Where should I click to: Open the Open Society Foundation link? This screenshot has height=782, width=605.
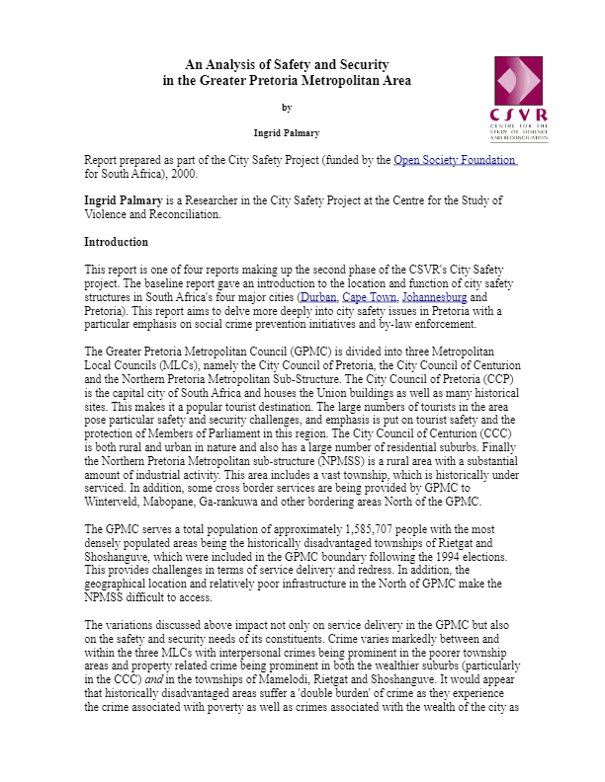coord(455,160)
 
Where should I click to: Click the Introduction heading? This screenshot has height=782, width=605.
coord(116,242)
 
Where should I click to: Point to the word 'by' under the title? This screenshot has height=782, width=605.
coord(287,108)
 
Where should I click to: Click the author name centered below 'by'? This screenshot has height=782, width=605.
coord(287,131)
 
